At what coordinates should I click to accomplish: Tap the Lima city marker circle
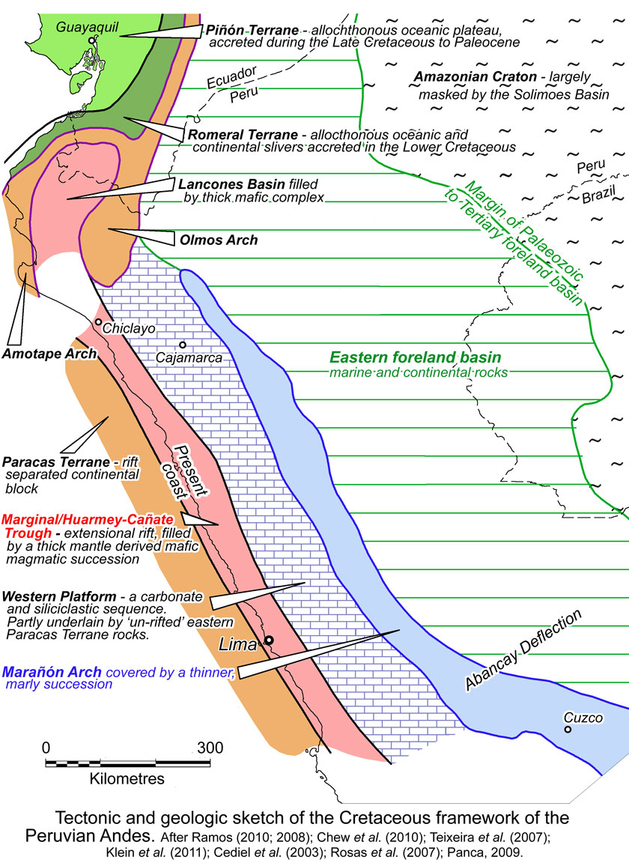tap(269, 641)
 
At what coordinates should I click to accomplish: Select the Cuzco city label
tap(583, 718)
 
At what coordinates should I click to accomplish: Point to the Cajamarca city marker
tap(182, 345)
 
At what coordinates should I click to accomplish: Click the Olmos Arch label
tap(219, 240)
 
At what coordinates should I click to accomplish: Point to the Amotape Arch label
tap(50, 353)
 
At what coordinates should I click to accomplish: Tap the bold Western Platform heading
tap(59, 596)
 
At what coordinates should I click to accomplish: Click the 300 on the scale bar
tap(210, 748)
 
